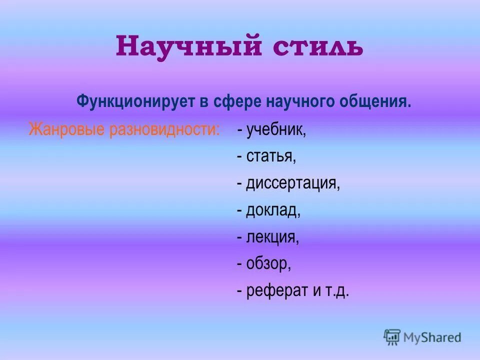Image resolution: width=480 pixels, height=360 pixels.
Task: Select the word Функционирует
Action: pyautogui.click(x=131, y=102)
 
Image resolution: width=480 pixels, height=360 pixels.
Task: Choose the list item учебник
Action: pyautogui.click(x=275, y=130)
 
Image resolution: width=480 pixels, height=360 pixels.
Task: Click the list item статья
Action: pyautogui.click(x=271, y=157)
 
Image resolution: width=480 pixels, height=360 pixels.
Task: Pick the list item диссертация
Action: pyautogui.click(x=293, y=184)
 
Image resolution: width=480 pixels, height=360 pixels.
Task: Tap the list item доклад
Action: pyautogui.click(x=273, y=210)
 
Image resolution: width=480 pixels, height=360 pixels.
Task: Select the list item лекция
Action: pyautogui.click(x=272, y=237)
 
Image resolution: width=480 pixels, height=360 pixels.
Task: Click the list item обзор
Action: pyautogui.click(x=268, y=264)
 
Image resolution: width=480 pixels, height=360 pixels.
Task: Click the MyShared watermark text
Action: pyautogui.click(x=433, y=337)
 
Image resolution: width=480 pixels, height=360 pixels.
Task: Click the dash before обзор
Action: pyautogui.click(x=240, y=264)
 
